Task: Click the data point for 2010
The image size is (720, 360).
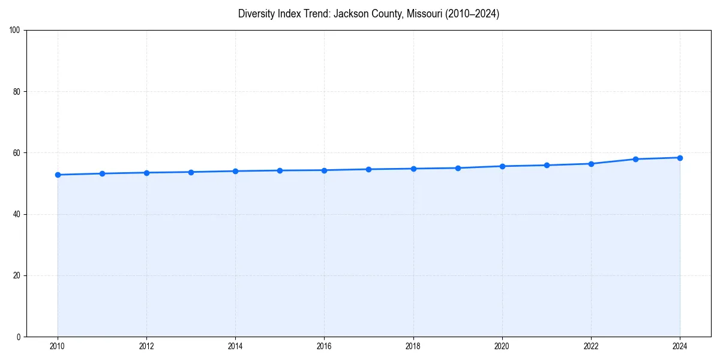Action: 58,175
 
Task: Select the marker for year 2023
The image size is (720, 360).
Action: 635,159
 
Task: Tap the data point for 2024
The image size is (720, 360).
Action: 680,158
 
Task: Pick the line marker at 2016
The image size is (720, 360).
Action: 324,170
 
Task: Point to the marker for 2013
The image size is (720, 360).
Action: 191,172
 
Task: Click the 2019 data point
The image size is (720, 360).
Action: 458,168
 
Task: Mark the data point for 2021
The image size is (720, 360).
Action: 547,165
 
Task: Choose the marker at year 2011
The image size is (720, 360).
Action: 102,173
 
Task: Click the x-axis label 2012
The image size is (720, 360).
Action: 146,346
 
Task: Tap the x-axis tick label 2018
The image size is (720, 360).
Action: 413,346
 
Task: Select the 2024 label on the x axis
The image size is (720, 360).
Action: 680,346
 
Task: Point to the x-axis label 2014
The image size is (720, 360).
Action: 235,346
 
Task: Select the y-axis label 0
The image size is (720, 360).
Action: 19,337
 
